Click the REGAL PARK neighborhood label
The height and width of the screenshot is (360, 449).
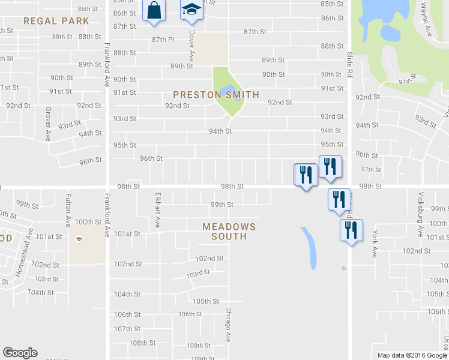(56, 21)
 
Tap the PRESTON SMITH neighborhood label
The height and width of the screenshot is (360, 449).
(216, 95)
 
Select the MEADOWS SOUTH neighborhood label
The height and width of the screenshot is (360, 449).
(229, 232)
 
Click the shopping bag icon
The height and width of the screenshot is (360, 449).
(154, 11)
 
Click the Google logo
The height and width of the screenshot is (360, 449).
(20, 353)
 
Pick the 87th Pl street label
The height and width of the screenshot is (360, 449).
(163, 40)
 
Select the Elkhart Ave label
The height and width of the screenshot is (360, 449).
(158, 209)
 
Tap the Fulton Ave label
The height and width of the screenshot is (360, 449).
(69, 209)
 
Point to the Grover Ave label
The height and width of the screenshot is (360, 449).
(47, 124)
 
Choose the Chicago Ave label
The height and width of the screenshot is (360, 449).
(228, 325)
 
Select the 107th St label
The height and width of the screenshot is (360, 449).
(127, 329)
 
